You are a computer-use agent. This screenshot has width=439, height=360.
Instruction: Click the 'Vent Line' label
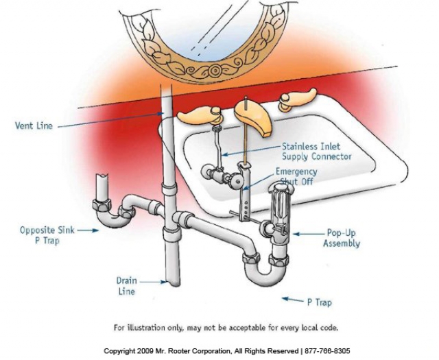(34, 125)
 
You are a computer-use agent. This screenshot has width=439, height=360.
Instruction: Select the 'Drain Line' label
(126, 285)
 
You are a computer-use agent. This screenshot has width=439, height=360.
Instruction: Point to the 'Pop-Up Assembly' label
(343, 238)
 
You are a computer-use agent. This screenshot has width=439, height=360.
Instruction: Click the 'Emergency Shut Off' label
(296, 176)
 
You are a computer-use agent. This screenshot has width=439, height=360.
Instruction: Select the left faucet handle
(198, 114)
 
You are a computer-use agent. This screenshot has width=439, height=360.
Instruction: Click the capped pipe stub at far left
(102, 185)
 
